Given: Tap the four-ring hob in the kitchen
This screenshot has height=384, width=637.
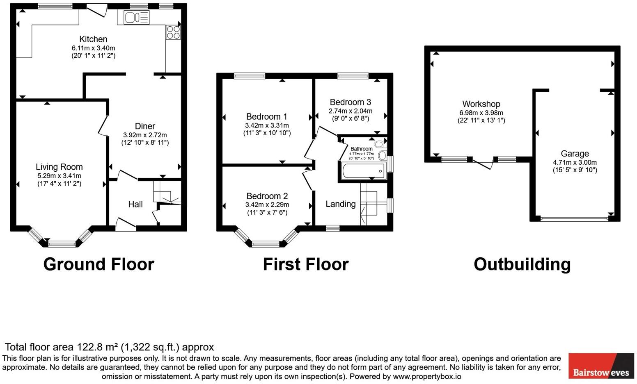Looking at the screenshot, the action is click(x=173, y=32).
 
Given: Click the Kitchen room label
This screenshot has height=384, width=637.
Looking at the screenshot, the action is click(x=93, y=39).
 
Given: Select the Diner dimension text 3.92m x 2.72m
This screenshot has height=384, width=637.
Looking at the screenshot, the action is click(x=145, y=135).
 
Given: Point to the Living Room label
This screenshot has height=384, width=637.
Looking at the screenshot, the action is click(x=59, y=167).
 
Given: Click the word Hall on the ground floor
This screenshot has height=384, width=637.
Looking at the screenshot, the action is click(x=135, y=204).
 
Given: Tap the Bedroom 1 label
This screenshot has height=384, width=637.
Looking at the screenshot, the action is click(x=267, y=117).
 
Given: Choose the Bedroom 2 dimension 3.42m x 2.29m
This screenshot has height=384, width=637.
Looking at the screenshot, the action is click(x=267, y=204).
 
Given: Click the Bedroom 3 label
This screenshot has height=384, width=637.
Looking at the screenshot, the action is click(x=351, y=102).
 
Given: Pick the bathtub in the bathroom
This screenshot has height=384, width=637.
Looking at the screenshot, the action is click(x=364, y=170).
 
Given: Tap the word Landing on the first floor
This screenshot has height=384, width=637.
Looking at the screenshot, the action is click(x=341, y=204).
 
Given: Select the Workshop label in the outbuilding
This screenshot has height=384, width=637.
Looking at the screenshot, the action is click(x=481, y=104).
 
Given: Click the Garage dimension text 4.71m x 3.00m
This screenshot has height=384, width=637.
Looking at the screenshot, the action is click(x=575, y=162).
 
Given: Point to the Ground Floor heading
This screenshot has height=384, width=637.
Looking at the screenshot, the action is click(x=99, y=264).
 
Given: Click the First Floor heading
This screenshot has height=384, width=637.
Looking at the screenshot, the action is click(x=306, y=264).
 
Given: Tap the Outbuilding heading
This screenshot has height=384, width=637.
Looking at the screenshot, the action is click(x=522, y=264).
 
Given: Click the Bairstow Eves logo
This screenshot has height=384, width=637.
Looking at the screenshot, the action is click(x=601, y=366).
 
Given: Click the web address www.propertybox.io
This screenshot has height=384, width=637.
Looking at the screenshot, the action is click(x=427, y=377).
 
